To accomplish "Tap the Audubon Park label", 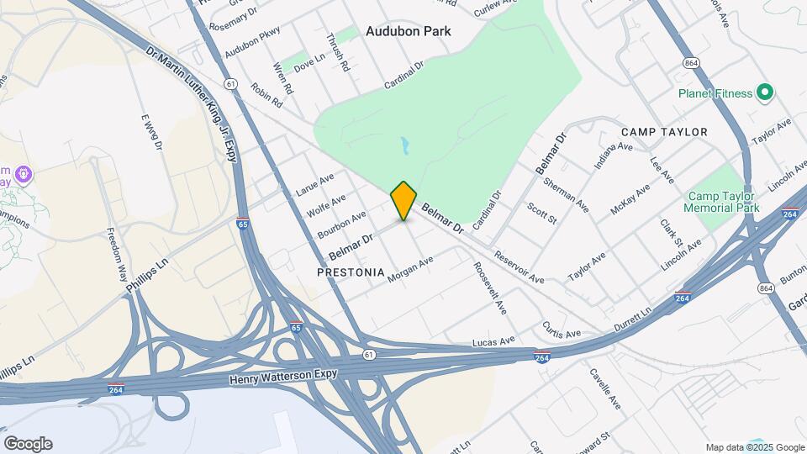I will click(409, 31).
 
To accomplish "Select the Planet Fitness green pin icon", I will click(764, 92).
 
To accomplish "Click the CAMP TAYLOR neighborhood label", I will click(664, 132).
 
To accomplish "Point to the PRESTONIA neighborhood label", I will click(351, 273).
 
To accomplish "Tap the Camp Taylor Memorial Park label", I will click(720, 201).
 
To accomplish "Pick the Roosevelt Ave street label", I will click(489, 287).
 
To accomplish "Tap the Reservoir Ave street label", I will click(519, 267).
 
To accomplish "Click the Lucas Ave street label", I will click(493, 340).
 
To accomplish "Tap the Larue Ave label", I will click(315, 184).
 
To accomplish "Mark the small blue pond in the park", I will click(406, 146).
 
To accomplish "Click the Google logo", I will click(28, 444).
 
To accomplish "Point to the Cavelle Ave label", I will click(605, 388).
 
